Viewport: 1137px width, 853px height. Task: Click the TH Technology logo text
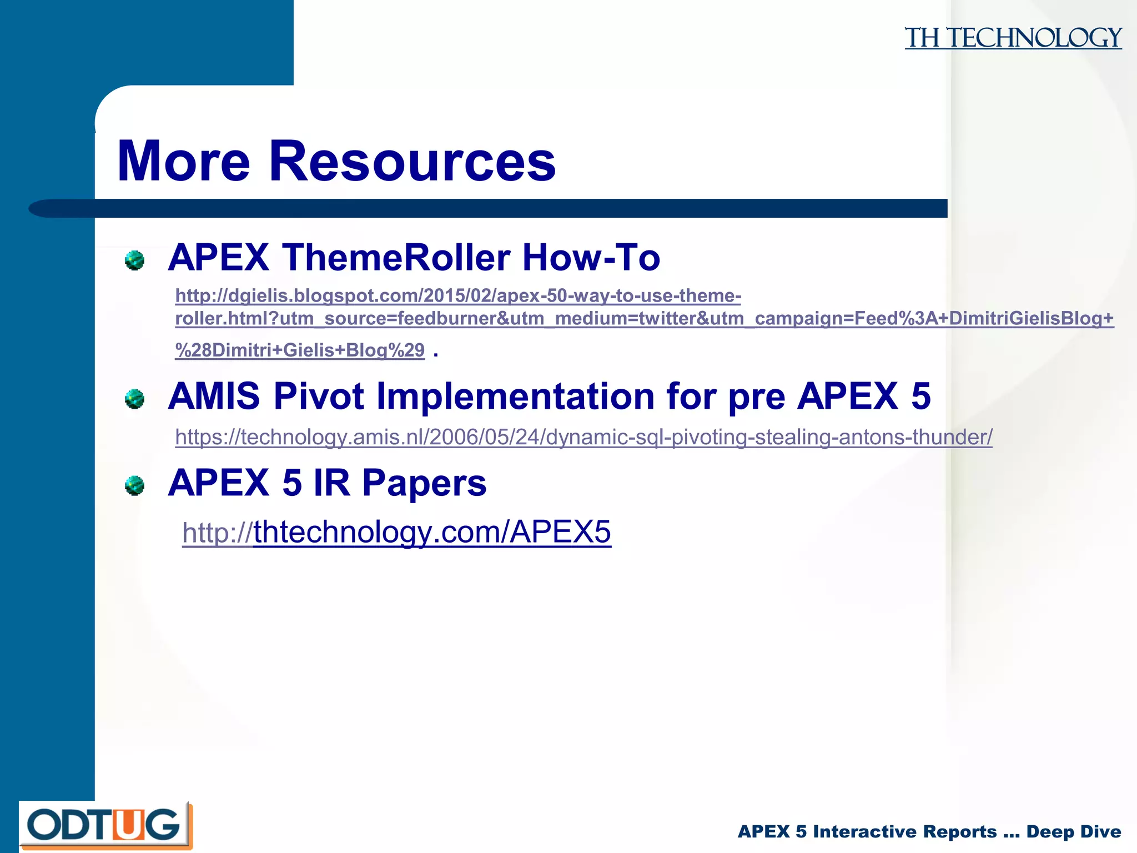click(1013, 38)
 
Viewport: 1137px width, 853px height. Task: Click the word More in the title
click(184, 162)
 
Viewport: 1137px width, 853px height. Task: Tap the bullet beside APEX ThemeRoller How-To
click(134, 260)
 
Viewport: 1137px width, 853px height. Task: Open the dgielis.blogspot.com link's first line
click(458, 295)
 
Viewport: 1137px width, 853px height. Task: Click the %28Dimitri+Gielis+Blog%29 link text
click(300, 350)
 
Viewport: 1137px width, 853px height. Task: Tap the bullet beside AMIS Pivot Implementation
click(134, 399)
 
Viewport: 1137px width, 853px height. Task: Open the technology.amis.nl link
click(583, 438)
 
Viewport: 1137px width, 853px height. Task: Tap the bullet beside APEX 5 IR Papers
click(134, 485)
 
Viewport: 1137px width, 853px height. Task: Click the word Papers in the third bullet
click(424, 483)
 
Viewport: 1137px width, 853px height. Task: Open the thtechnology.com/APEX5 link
click(396, 532)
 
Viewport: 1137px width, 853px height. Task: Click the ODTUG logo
click(105, 826)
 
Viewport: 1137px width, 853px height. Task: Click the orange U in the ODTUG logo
click(128, 825)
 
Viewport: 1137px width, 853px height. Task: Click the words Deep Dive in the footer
click(1073, 832)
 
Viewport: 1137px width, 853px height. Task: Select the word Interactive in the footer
click(904, 832)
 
